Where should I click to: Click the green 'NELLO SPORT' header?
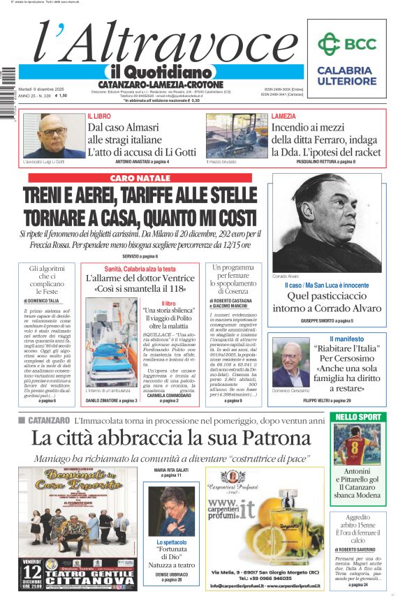pos(358,417)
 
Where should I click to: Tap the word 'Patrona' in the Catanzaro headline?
pos(255,438)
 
